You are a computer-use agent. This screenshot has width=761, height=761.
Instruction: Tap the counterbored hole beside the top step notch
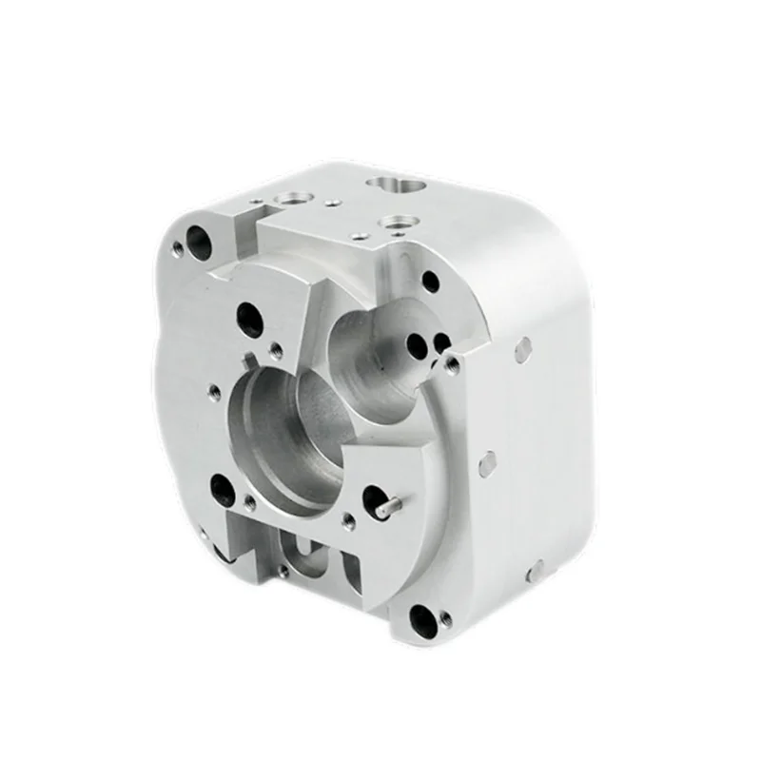[290, 199]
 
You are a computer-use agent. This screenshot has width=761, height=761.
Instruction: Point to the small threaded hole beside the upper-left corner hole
[178, 250]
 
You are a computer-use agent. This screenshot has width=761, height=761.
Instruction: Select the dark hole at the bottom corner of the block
[420, 621]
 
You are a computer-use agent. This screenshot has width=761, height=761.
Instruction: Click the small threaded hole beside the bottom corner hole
[447, 625]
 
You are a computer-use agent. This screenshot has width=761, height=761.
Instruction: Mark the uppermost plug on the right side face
[522, 348]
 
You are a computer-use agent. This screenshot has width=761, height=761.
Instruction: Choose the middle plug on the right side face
[487, 463]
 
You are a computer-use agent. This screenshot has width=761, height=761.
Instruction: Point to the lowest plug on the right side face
[536, 570]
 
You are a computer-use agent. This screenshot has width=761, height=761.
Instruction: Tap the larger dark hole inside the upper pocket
[416, 346]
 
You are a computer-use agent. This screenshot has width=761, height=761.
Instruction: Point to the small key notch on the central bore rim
[249, 362]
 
